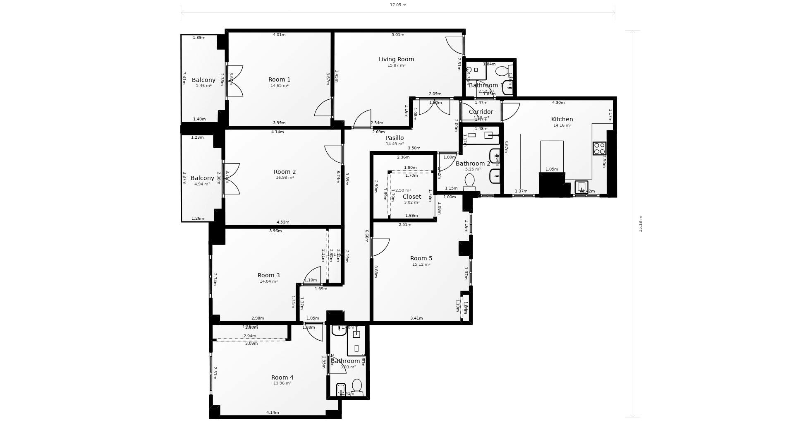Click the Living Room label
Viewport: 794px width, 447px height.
pyautogui.click(x=396, y=59)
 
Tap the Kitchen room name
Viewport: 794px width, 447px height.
pyautogui.click(x=562, y=119)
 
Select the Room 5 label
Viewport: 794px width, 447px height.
pyautogui.click(x=421, y=258)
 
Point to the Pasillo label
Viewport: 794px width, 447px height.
pyautogui.click(x=395, y=138)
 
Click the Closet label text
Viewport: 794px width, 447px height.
pyautogui.click(x=411, y=197)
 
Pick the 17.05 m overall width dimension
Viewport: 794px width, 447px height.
pyautogui.click(x=398, y=5)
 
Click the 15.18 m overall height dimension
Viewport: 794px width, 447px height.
pyautogui.click(x=641, y=223)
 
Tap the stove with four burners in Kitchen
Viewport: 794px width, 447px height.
pyautogui.click(x=599, y=148)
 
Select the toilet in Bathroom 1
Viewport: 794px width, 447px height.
pyautogui.click(x=501, y=71)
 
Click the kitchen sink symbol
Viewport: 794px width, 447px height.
pyautogui.click(x=581, y=187)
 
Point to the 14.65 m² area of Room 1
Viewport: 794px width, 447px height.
pyautogui.click(x=279, y=86)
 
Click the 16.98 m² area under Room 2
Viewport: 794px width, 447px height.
pyautogui.click(x=285, y=178)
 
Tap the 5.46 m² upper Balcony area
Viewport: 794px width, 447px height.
pyautogui.click(x=203, y=86)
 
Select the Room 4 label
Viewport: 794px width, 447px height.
pyautogui.click(x=282, y=377)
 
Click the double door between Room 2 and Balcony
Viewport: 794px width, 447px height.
pyautogui.click(x=232, y=179)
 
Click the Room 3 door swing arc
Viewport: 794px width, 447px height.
pyautogui.click(x=313, y=275)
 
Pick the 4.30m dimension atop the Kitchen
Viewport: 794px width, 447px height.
pyautogui.click(x=558, y=103)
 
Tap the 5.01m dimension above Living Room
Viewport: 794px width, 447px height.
pyautogui.click(x=397, y=35)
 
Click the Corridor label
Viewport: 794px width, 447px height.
pyautogui.click(x=481, y=112)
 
